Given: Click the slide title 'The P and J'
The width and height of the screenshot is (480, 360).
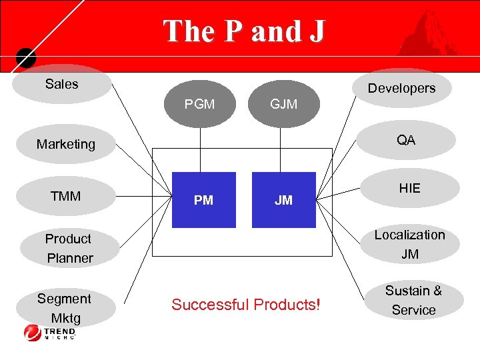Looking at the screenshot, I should click(243, 31).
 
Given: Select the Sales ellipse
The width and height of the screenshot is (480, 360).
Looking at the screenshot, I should click(62, 84).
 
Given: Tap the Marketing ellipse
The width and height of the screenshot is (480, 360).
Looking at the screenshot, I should click(66, 144).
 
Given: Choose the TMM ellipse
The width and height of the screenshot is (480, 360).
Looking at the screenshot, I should click(65, 196).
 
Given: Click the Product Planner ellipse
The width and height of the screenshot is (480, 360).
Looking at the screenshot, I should click(69, 248).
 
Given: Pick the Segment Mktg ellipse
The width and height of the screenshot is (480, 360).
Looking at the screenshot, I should click(64, 307).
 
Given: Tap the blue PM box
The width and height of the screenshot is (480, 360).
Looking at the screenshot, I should click(204, 200).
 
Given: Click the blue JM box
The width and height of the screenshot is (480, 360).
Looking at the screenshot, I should click(284, 200).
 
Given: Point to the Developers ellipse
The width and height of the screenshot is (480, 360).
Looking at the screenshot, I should click(401, 88).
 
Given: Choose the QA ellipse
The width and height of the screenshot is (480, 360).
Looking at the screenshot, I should click(405, 140).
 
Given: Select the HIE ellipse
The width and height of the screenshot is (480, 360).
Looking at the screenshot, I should click(409, 189).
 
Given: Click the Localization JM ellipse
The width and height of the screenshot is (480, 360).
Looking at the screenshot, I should click(409, 244).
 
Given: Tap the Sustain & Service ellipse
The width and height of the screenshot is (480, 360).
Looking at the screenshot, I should click(413, 300).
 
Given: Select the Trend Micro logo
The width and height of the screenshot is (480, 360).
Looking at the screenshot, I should click(50, 332).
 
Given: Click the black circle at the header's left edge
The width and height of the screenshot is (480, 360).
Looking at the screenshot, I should click(25, 57).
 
